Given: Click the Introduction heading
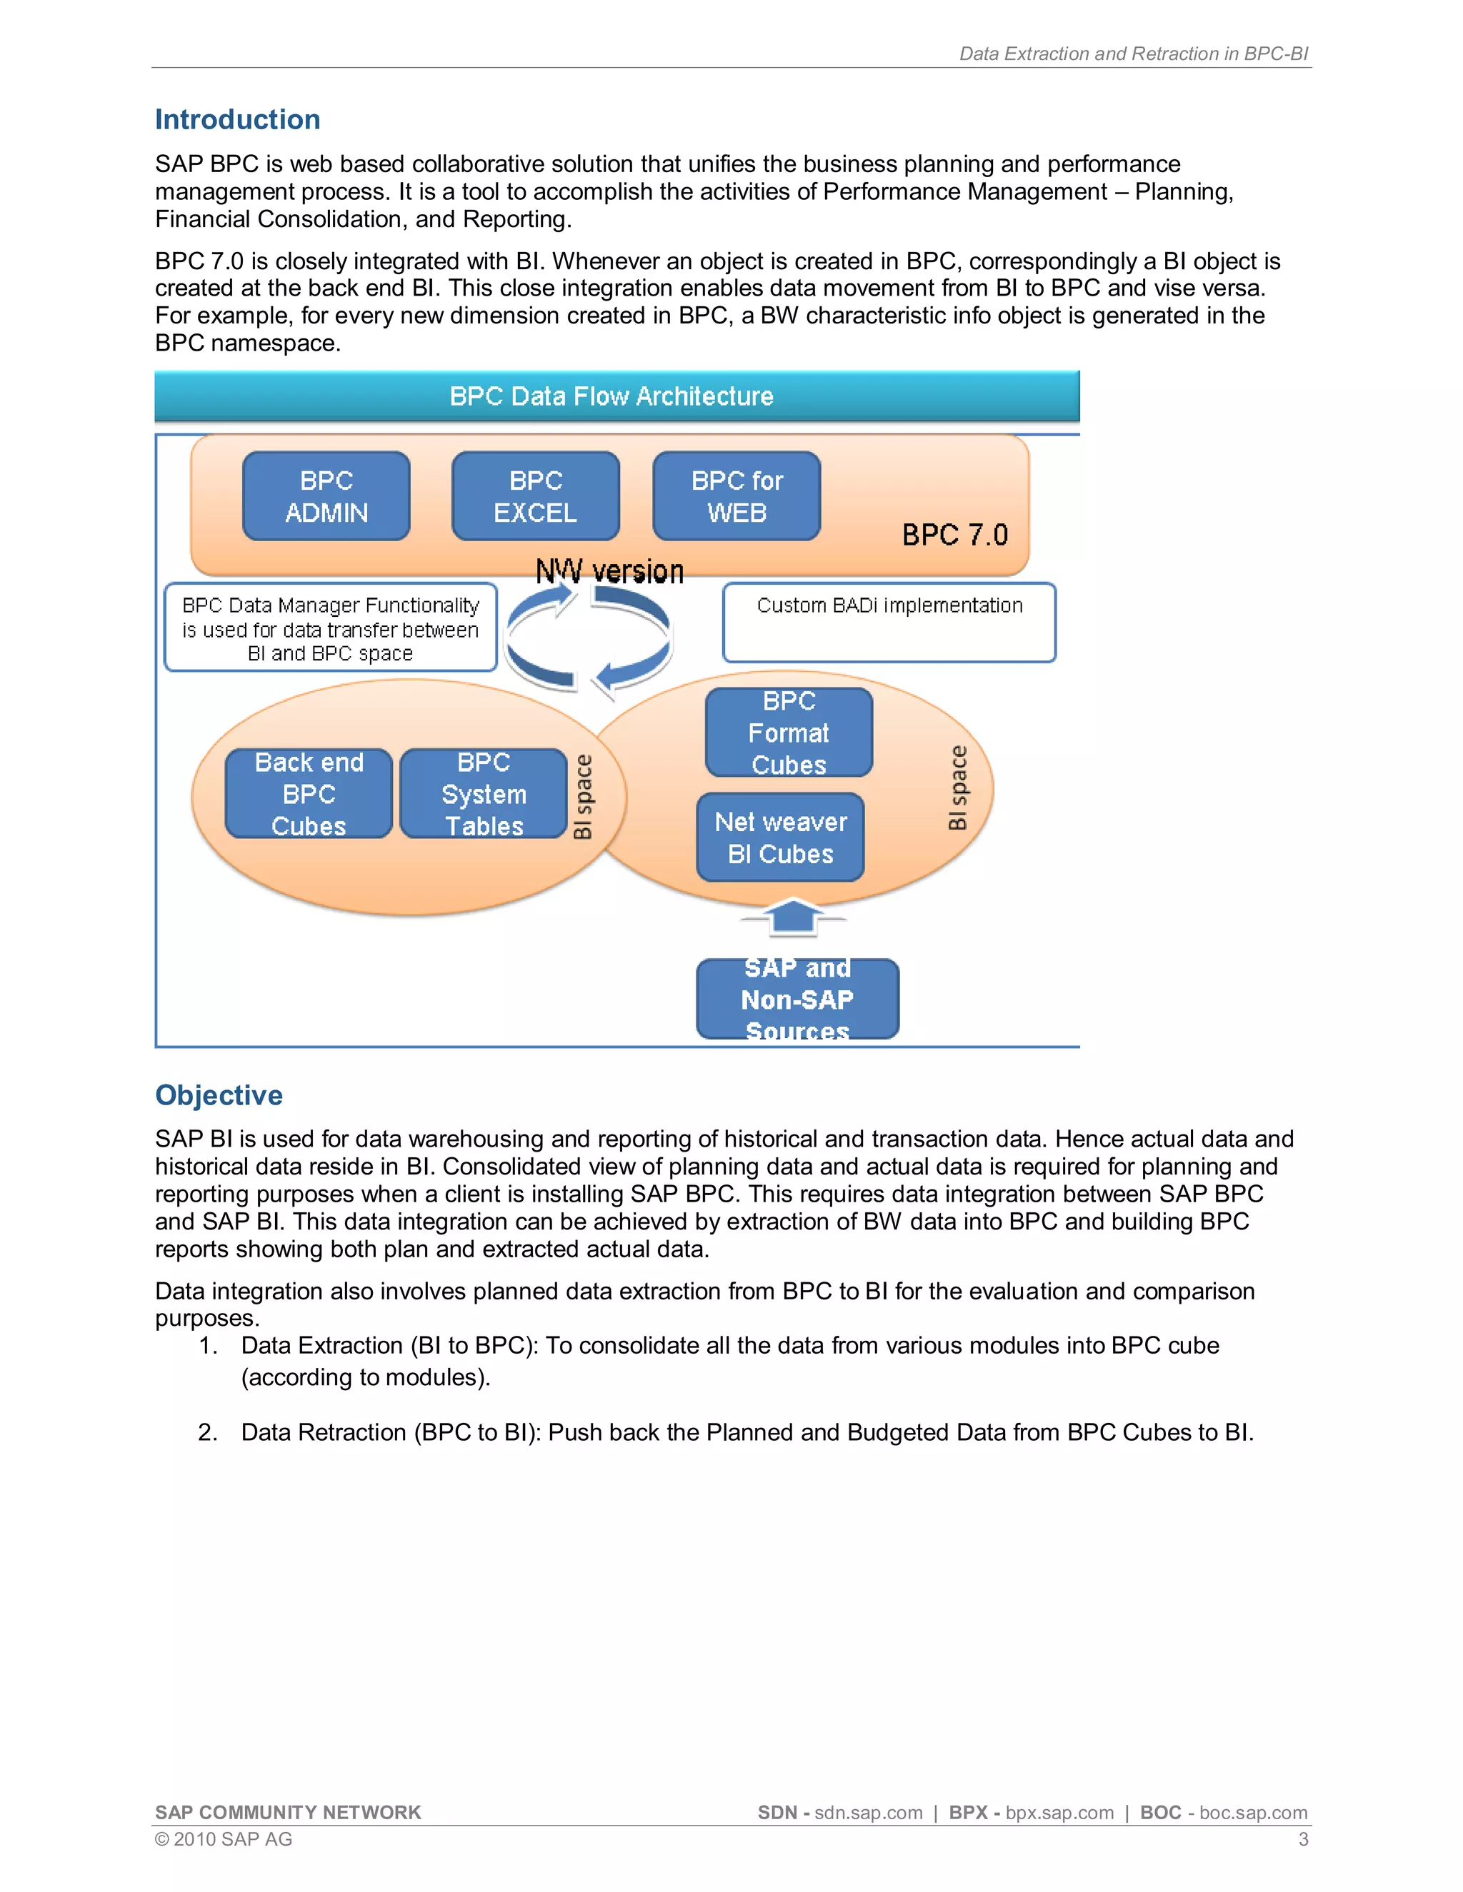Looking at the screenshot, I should tap(237, 119).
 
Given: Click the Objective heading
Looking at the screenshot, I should tap(219, 1095).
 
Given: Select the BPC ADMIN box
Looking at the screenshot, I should tap(326, 496).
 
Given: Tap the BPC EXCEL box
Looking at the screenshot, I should tap(536, 496).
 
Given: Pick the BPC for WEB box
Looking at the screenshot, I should tap(737, 496).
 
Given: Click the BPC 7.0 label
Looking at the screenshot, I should tap(954, 535).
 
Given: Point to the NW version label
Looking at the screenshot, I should tap(609, 572).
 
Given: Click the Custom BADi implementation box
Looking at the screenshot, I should tap(889, 622).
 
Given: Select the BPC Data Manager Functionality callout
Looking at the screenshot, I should tap(330, 628).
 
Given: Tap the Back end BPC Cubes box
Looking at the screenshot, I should tap(309, 793).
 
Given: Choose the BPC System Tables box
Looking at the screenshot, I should tap(484, 793).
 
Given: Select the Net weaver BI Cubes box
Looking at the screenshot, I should tap(780, 837).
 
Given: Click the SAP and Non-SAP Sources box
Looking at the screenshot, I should tap(797, 999).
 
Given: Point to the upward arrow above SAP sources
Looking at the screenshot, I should tap(792, 917).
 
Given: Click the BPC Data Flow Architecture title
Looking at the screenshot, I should tap(611, 397).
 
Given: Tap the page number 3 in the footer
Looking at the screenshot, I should tap(1303, 1839).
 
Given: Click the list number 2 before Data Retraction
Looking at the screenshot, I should tap(207, 1432).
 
